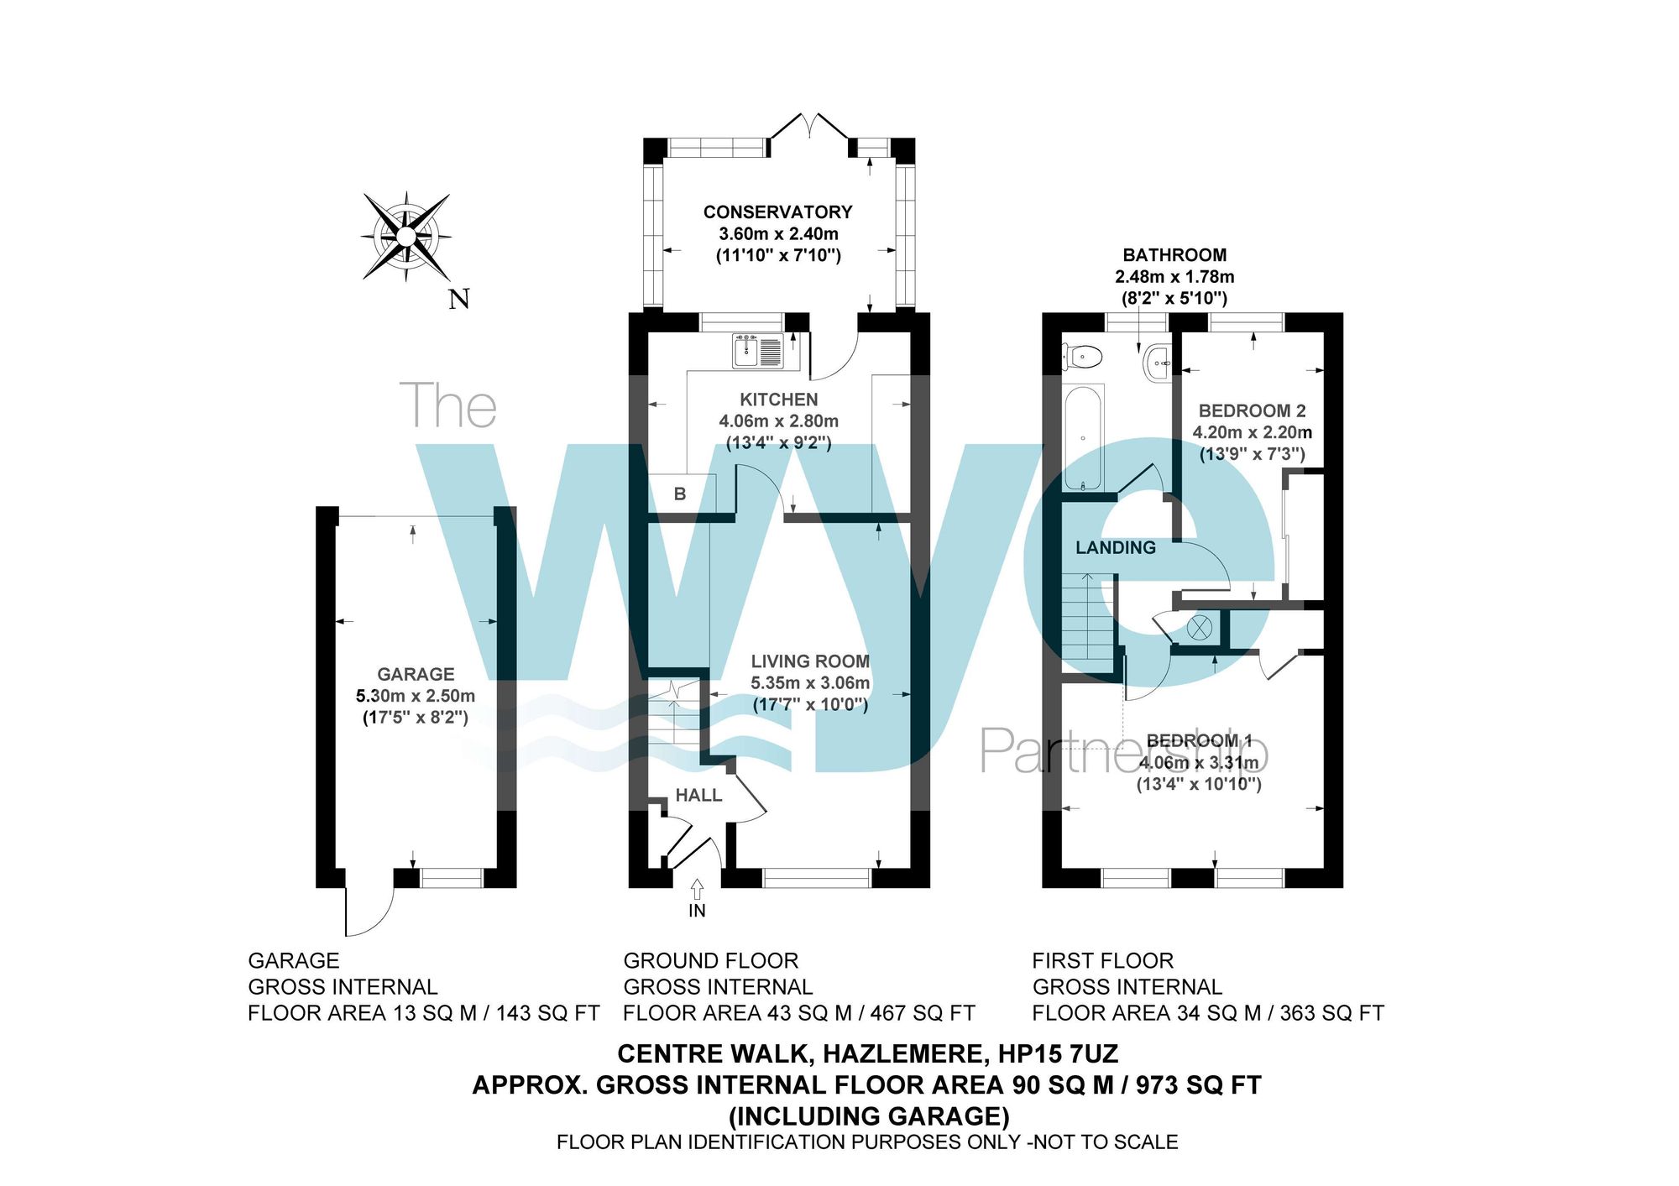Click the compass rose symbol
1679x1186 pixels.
[x=406, y=237]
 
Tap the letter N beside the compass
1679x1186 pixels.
[x=458, y=300]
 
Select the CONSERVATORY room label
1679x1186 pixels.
[x=777, y=212]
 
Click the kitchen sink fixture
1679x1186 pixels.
[x=757, y=351]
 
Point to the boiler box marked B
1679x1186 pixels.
[x=680, y=494]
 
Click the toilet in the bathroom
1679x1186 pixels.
[x=1083, y=357]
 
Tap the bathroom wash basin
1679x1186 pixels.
[x=1158, y=363]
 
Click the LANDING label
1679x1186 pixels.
[x=1116, y=548]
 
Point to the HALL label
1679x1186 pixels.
[x=698, y=796]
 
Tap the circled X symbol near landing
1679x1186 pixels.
[x=1200, y=627]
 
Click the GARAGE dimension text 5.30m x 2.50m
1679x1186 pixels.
[x=416, y=696]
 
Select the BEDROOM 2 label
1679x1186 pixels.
[x=1252, y=411]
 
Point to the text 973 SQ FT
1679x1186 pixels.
[x=1198, y=1086]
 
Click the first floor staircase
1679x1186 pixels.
[x=1089, y=617]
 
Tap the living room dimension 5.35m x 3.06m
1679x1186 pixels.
[x=810, y=683]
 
